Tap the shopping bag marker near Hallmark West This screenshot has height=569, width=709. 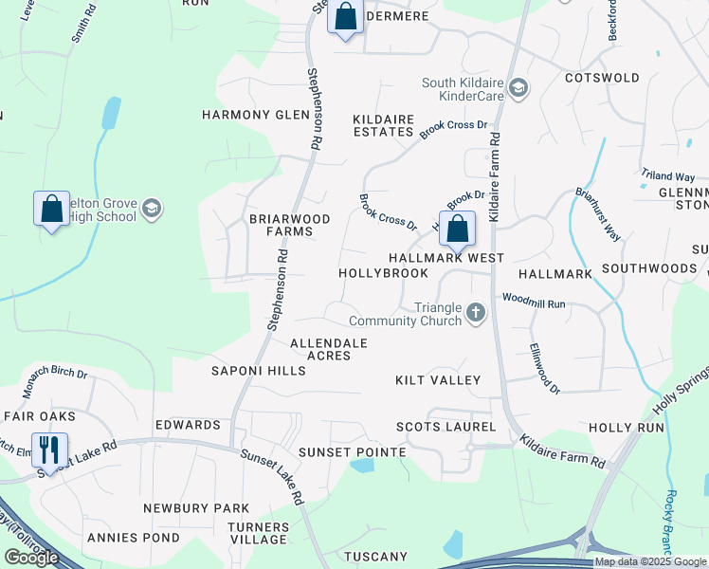point(457,229)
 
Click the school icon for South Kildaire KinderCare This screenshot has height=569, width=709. point(518,89)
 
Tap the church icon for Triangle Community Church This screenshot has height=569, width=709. point(476,313)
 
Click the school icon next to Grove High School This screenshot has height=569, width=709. point(153,209)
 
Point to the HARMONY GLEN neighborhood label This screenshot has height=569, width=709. point(256,115)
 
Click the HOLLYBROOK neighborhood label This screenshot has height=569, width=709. point(383,273)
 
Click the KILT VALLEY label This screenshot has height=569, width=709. point(438,380)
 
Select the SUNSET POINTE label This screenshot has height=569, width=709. point(352,452)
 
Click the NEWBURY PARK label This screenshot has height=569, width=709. point(196,508)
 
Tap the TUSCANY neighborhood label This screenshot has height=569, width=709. point(375,557)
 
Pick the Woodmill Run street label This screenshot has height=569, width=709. point(534,303)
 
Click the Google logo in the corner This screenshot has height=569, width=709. point(31,558)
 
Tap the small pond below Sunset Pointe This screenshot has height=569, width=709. point(360,466)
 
